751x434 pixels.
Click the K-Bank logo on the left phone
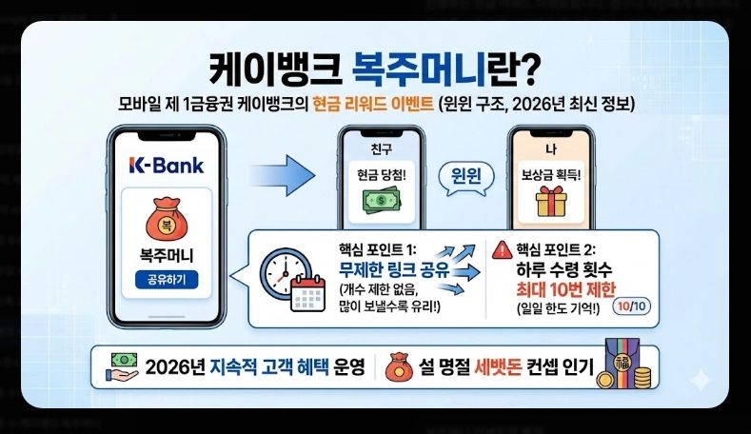166,166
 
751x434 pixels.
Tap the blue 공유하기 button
167,280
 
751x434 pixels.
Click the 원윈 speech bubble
464,177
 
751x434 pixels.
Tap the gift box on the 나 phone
550,201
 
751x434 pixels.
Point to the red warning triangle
500,250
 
